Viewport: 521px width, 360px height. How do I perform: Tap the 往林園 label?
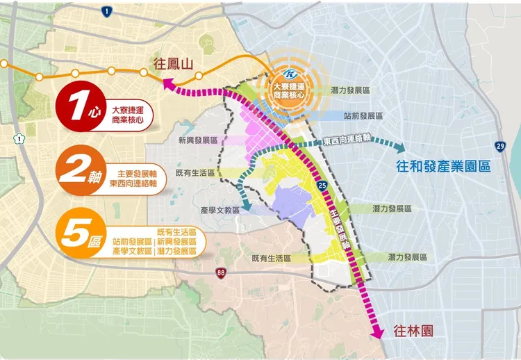click(413, 331)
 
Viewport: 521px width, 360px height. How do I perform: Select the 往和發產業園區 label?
click(443, 167)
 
